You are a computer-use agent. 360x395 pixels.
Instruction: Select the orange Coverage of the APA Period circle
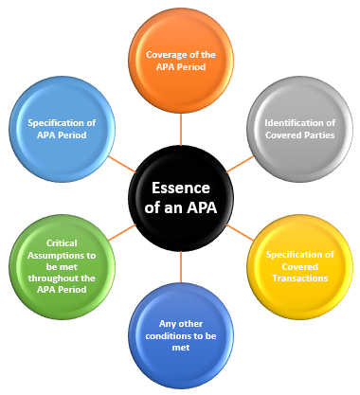tap(180, 61)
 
